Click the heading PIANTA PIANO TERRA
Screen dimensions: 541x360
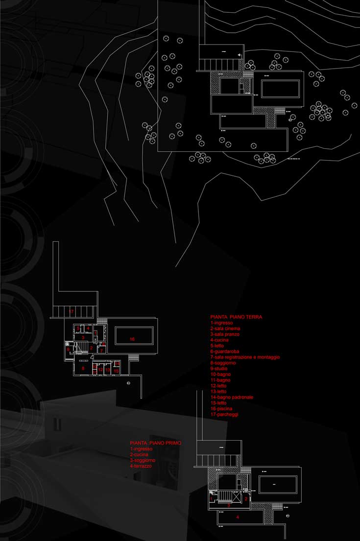click(236, 317)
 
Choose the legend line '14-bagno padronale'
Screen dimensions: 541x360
click(232, 397)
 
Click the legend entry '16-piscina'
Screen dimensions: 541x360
click(221, 408)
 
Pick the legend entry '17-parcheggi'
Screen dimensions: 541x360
click(224, 414)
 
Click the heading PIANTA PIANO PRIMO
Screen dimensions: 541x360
click(155, 443)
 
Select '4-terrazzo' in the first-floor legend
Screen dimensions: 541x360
click(141, 466)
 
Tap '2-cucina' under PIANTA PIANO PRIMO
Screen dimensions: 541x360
click(140, 455)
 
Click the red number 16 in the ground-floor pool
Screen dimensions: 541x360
click(132, 339)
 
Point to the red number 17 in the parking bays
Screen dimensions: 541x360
click(71, 311)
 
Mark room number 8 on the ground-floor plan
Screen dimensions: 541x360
click(83, 368)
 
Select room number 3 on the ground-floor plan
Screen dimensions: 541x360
click(83, 337)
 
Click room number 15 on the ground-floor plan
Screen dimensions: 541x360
click(116, 371)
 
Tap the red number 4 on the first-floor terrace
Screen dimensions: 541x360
click(238, 517)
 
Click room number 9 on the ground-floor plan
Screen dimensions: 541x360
click(68, 349)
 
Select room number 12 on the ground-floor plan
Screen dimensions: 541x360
click(100, 370)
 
